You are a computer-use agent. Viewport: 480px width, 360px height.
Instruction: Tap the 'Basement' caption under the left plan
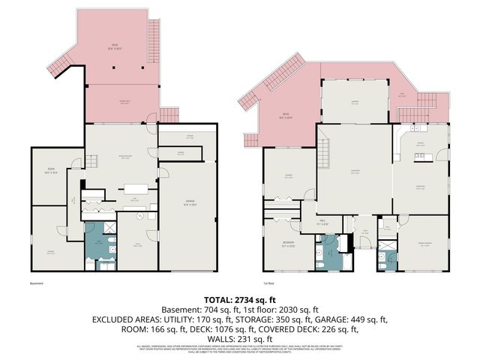pyautogui.click(x=37, y=283)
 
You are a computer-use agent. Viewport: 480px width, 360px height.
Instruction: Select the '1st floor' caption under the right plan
pyautogui.click(x=268, y=283)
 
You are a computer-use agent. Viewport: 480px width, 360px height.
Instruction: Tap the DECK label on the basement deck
pyautogui.click(x=115, y=46)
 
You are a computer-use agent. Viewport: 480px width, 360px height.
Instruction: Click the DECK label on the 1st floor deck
pyautogui.click(x=285, y=115)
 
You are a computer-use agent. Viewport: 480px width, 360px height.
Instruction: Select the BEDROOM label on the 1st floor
pyautogui.click(x=287, y=244)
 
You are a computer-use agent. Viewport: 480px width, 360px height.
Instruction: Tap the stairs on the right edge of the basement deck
pyautogui.click(x=155, y=34)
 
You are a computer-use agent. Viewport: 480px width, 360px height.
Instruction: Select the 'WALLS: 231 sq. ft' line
pyautogui.click(x=239, y=338)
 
